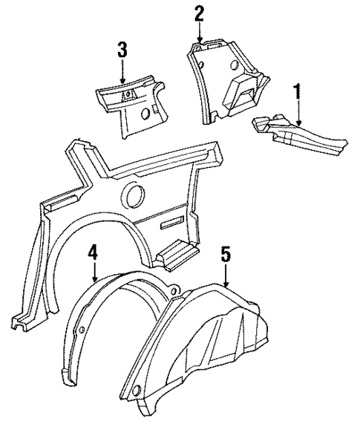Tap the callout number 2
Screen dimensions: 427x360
pos(198,13)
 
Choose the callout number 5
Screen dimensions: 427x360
pos(226,256)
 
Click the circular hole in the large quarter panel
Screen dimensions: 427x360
pos(136,197)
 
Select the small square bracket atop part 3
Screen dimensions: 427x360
pos(127,94)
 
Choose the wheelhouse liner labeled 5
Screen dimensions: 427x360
pos(215,349)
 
